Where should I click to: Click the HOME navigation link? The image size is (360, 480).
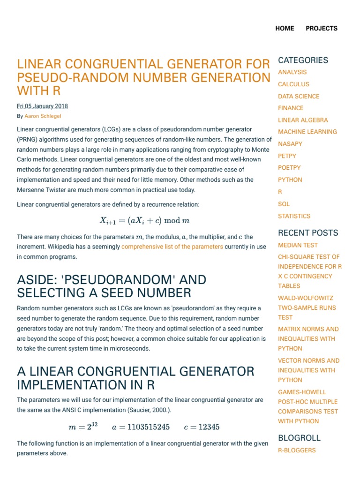click(285, 28)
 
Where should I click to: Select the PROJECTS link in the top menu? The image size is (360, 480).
click(322, 28)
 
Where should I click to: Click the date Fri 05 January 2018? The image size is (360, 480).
click(43, 106)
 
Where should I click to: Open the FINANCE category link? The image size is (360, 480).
click(291, 108)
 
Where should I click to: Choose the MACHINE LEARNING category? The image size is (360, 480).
click(307, 132)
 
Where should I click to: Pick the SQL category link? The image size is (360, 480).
click(284, 204)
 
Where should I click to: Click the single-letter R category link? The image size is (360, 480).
click(280, 192)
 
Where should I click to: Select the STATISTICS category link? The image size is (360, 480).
click(294, 216)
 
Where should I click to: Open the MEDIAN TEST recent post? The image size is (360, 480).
click(298, 245)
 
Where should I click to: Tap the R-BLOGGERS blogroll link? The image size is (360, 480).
click(297, 450)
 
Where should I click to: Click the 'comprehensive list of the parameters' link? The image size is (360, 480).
click(172, 247)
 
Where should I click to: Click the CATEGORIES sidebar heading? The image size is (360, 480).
click(303, 60)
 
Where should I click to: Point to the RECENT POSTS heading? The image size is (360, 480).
click(308, 232)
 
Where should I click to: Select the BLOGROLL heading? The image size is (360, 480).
click(299, 438)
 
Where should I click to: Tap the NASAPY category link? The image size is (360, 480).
click(290, 144)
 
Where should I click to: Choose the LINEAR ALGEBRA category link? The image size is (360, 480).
click(303, 120)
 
